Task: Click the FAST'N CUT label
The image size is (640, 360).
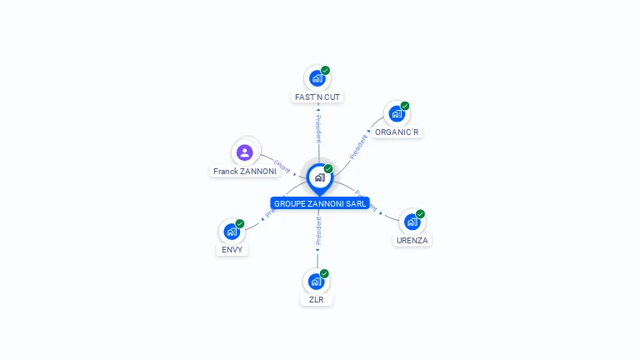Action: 317,97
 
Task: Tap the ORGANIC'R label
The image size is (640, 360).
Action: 397,132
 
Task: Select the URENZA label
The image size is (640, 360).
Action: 412,240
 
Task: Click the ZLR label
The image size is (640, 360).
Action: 317,299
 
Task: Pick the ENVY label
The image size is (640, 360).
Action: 232,249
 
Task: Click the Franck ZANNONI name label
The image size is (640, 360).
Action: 244,171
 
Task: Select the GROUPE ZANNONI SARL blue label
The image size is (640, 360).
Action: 320,203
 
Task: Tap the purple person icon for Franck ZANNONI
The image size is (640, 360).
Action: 244,152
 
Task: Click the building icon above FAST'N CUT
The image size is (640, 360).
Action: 316,78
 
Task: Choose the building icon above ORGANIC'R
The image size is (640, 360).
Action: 396,113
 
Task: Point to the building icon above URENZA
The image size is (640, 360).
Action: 412,222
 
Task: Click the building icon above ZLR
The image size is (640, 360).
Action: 315,281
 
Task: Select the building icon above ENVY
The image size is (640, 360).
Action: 231,231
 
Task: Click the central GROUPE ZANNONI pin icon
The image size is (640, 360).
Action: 319,177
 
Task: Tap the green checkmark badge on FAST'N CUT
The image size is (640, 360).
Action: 326,70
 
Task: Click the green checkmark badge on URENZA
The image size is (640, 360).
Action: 421,214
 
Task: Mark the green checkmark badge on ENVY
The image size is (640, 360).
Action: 240,223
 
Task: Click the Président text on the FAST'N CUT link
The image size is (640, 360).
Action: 317,129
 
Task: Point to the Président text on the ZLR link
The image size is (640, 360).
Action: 317,232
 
